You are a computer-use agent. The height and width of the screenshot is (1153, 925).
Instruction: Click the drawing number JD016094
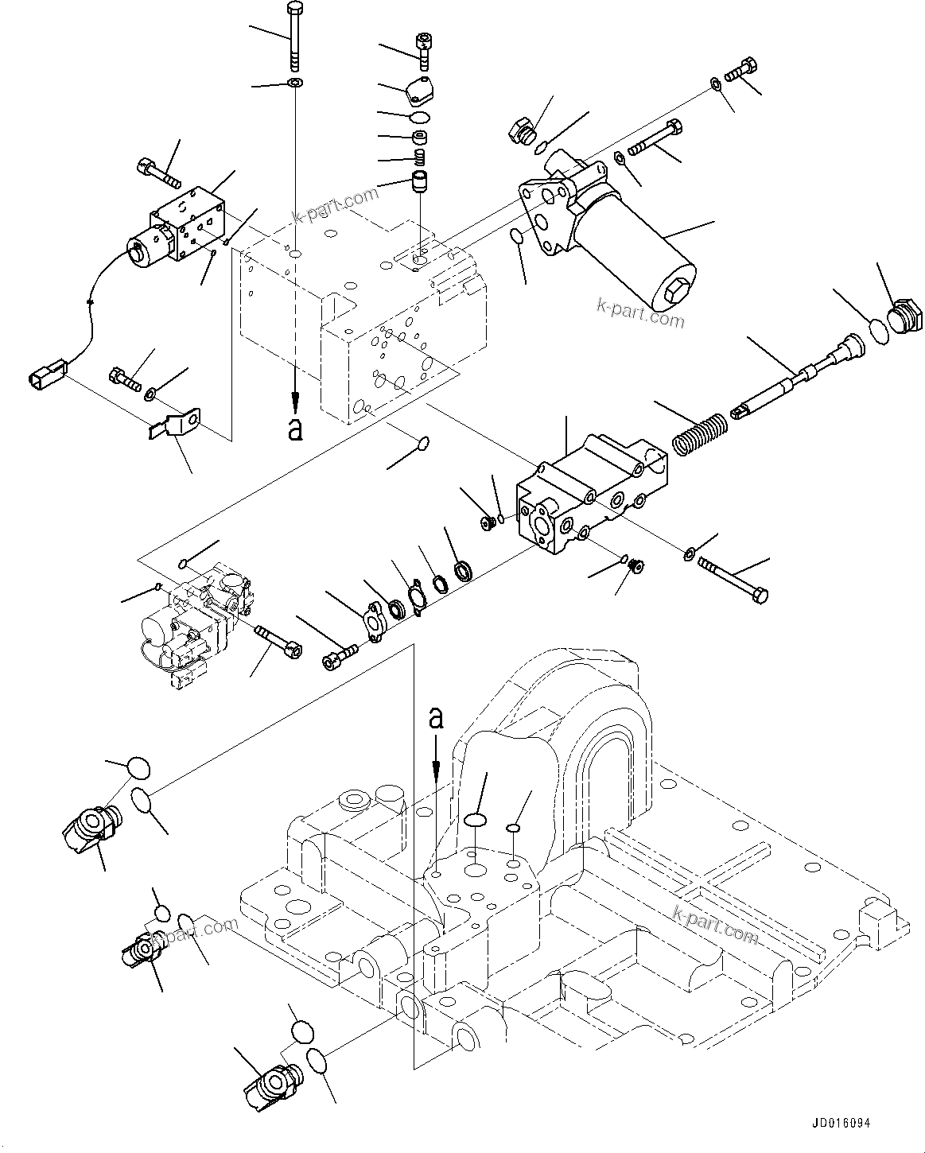tap(841, 1124)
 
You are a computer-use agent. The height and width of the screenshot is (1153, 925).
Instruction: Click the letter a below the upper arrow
tap(295, 430)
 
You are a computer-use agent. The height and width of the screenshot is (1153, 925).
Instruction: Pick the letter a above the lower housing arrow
tap(435, 717)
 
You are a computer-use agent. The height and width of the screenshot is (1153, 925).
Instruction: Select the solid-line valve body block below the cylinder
tap(593, 493)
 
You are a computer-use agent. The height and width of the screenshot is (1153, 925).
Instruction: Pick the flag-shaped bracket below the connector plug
tap(177, 422)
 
